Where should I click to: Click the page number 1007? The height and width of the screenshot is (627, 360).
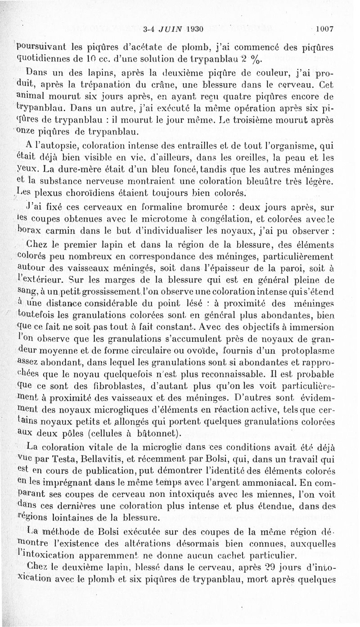coord(324,30)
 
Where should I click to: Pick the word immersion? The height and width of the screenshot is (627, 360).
coord(311,327)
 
